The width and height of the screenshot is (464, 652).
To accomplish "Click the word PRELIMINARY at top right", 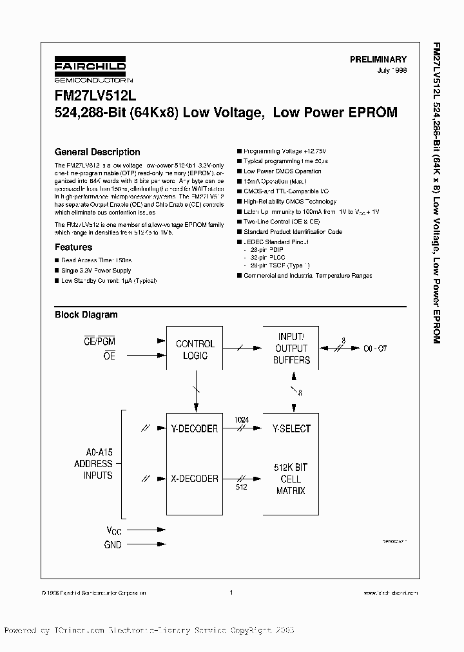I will [x=378, y=59].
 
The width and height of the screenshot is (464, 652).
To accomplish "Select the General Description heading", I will [x=97, y=152].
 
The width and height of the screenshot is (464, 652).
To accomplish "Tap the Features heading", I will [x=73, y=247].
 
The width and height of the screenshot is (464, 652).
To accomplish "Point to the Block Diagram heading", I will [x=86, y=315].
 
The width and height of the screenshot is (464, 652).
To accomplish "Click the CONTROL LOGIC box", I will [x=195, y=349].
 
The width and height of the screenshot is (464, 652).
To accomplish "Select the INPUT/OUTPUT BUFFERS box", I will [x=292, y=349].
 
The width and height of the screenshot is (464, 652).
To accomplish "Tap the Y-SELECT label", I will [x=292, y=428].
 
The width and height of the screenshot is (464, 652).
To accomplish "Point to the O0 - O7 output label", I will [x=374, y=349].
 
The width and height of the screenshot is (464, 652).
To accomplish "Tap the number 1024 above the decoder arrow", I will [x=241, y=420].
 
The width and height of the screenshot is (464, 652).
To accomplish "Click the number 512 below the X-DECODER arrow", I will [x=241, y=487].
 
